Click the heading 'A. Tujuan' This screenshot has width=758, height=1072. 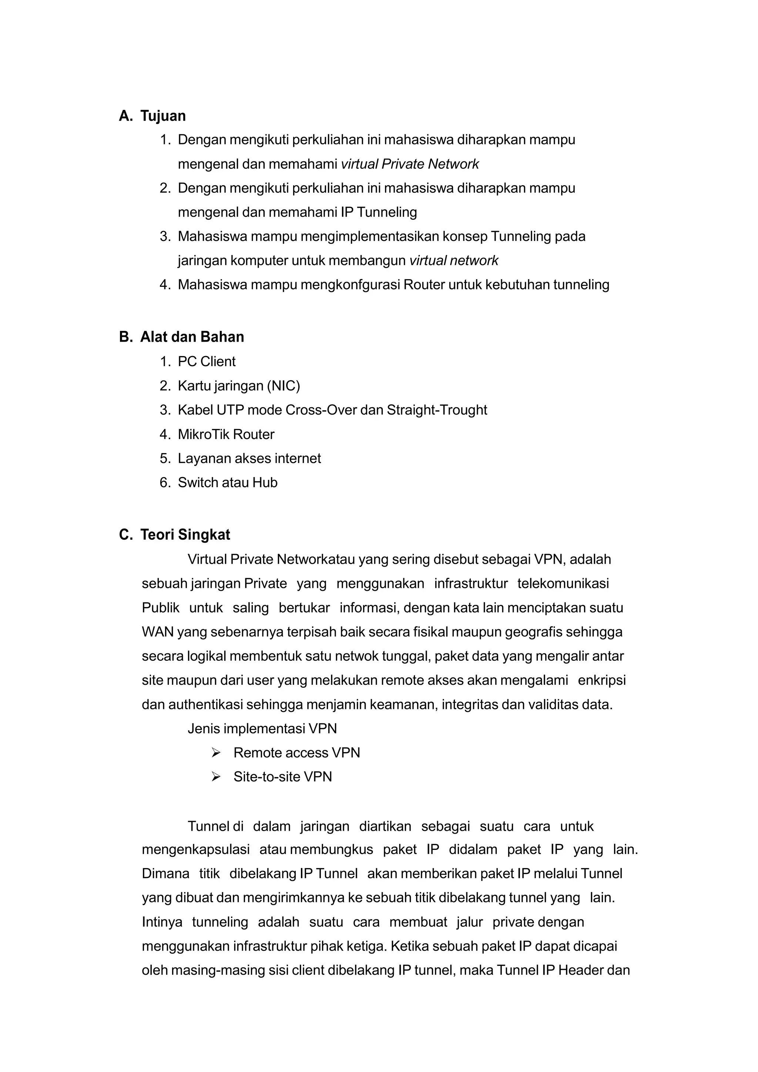tap(152, 116)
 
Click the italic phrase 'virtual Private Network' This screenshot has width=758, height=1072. tap(409, 164)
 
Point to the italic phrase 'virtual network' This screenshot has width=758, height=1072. tap(453, 261)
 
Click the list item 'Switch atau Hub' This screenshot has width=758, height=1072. tap(227, 482)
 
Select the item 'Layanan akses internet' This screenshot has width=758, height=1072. tap(249, 459)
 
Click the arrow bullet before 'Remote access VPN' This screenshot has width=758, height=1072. tap(216, 753)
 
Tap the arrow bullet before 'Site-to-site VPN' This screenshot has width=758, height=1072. tap(216, 777)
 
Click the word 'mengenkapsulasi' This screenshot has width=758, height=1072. tap(195, 849)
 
